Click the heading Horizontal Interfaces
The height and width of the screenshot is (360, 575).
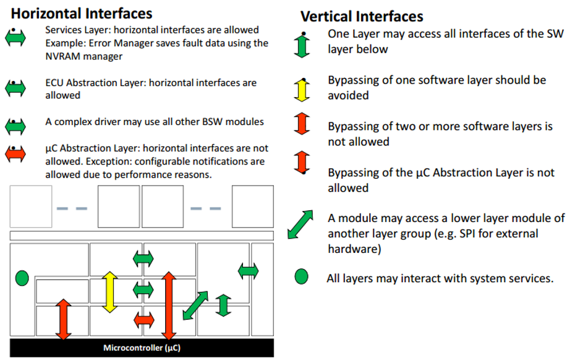coord(82,12)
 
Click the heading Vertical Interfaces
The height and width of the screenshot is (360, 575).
coord(362,16)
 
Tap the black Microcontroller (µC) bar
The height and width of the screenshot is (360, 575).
coord(142,348)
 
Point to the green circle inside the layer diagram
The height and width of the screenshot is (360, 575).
coord(22,277)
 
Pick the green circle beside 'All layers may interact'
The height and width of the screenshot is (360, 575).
coord(301,276)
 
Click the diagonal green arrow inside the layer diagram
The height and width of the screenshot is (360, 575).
coord(195,305)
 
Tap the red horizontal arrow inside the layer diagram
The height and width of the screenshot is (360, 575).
coord(143,320)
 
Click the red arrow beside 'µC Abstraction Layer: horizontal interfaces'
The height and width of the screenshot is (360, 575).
coord(15,153)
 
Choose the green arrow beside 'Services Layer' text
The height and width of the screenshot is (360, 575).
coord(15,38)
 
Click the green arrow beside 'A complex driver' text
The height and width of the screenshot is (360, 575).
coord(15,127)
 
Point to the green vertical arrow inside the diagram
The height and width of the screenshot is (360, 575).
coord(223,306)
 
